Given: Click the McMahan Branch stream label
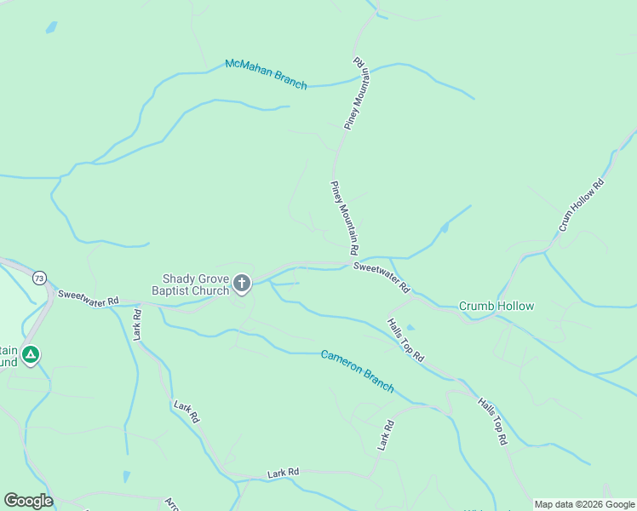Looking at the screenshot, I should point(266,74).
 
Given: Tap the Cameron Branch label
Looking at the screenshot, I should point(357,370).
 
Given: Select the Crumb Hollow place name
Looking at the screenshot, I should point(496,306).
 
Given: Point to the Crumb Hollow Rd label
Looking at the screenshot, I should point(582,204).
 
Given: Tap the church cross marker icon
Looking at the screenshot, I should point(243,284).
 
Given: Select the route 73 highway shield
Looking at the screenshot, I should point(39,278).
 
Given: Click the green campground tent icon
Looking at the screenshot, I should point(32,354).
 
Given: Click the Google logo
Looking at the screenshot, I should point(28,501).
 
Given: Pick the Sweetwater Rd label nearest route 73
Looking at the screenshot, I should point(88,298).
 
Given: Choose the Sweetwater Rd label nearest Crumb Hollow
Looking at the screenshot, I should point(382,277).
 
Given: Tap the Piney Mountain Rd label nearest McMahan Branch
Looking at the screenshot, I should point(359,94).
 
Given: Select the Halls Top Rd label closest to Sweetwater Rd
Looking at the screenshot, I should point(405,340).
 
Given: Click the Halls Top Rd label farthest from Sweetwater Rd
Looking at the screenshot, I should point(492,422).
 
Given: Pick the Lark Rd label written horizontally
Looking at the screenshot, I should point(284,472).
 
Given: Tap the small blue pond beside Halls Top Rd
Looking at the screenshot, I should point(411,327).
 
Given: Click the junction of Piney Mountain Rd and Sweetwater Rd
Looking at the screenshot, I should point(351,262).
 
